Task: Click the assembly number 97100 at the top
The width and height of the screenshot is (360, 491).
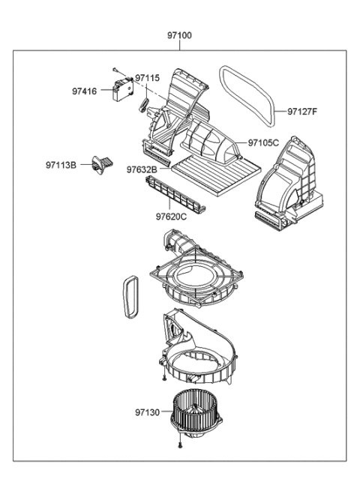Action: click(x=179, y=35)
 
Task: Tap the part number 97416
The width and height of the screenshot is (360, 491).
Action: click(x=85, y=91)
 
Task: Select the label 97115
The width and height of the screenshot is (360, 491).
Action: click(x=148, y=78)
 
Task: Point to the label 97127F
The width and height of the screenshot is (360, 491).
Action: click(x=303, y=112)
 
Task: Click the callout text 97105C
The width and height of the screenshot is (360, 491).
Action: click(x=263, y=142)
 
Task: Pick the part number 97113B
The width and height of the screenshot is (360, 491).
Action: click(x=61, y=164)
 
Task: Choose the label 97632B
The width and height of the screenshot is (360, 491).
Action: click(x=141, y=170)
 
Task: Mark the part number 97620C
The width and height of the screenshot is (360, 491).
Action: click(x=171, y=217)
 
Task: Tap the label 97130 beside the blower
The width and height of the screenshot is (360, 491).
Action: click(x=148, y=412)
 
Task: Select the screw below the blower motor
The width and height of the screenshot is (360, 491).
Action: click(x=180, y=447)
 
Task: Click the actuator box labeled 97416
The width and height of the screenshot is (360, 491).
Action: click(x=121, y=89)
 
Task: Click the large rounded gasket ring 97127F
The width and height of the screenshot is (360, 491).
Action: click(x=249, y=93)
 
